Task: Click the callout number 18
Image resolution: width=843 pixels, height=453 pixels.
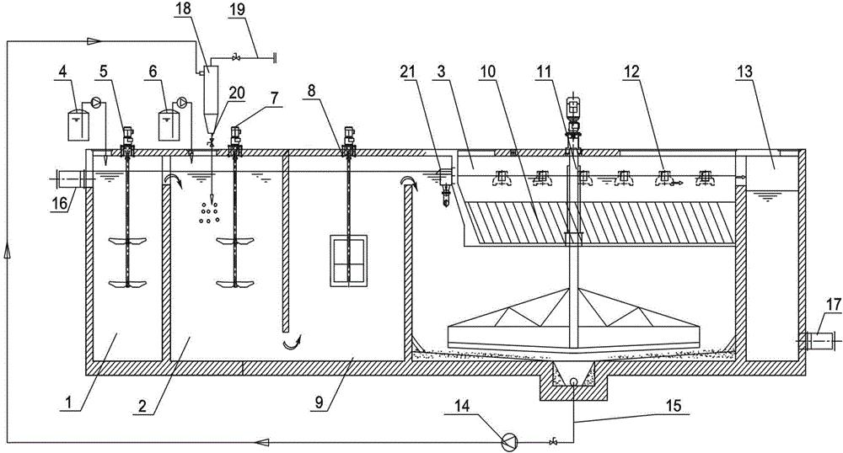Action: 183,8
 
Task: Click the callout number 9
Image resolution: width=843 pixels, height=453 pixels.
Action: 319,402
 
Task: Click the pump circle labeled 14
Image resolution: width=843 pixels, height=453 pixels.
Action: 509,442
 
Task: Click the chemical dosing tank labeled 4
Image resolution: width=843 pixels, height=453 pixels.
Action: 78,125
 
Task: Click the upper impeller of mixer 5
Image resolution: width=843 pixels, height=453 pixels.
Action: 128,241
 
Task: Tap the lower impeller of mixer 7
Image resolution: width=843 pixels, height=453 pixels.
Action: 235,282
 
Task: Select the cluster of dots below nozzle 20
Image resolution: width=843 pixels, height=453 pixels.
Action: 208,212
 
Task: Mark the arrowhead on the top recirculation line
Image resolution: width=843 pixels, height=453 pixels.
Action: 94,40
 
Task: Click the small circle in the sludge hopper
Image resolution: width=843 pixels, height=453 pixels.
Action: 573,381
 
